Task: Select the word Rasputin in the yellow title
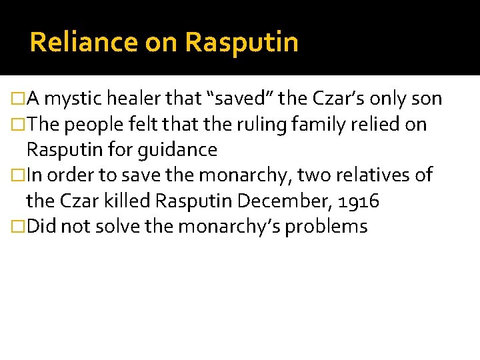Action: (241, 43)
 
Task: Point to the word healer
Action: (139, 99)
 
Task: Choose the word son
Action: (427, 99)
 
